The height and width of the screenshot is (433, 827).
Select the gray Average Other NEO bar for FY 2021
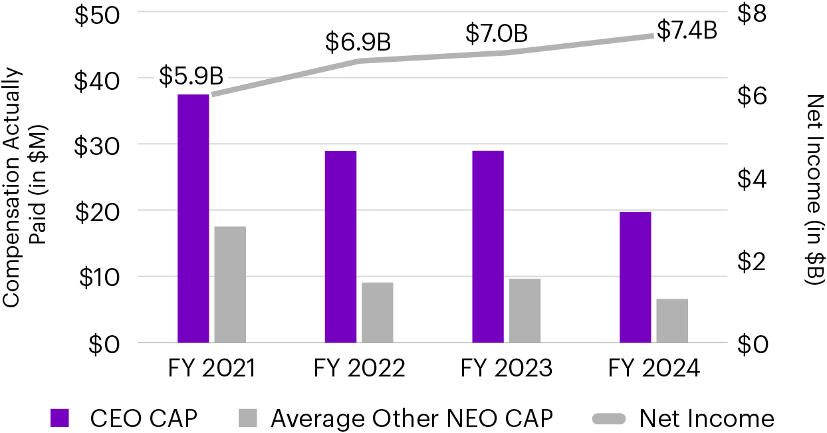coord(230,284)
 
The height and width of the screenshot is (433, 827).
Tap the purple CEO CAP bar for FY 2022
coord(340,247)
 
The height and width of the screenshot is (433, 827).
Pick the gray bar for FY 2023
coord(525,311)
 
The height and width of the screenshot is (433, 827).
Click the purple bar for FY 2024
coord(635,277)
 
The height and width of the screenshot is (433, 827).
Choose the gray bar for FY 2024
coord(672,321)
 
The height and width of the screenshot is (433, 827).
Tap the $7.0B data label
coord(496,33)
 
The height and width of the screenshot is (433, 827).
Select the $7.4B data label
coord(687,30)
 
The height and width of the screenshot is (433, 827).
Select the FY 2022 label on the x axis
coord(359,368)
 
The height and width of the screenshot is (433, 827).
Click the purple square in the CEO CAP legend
coord(60,418)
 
